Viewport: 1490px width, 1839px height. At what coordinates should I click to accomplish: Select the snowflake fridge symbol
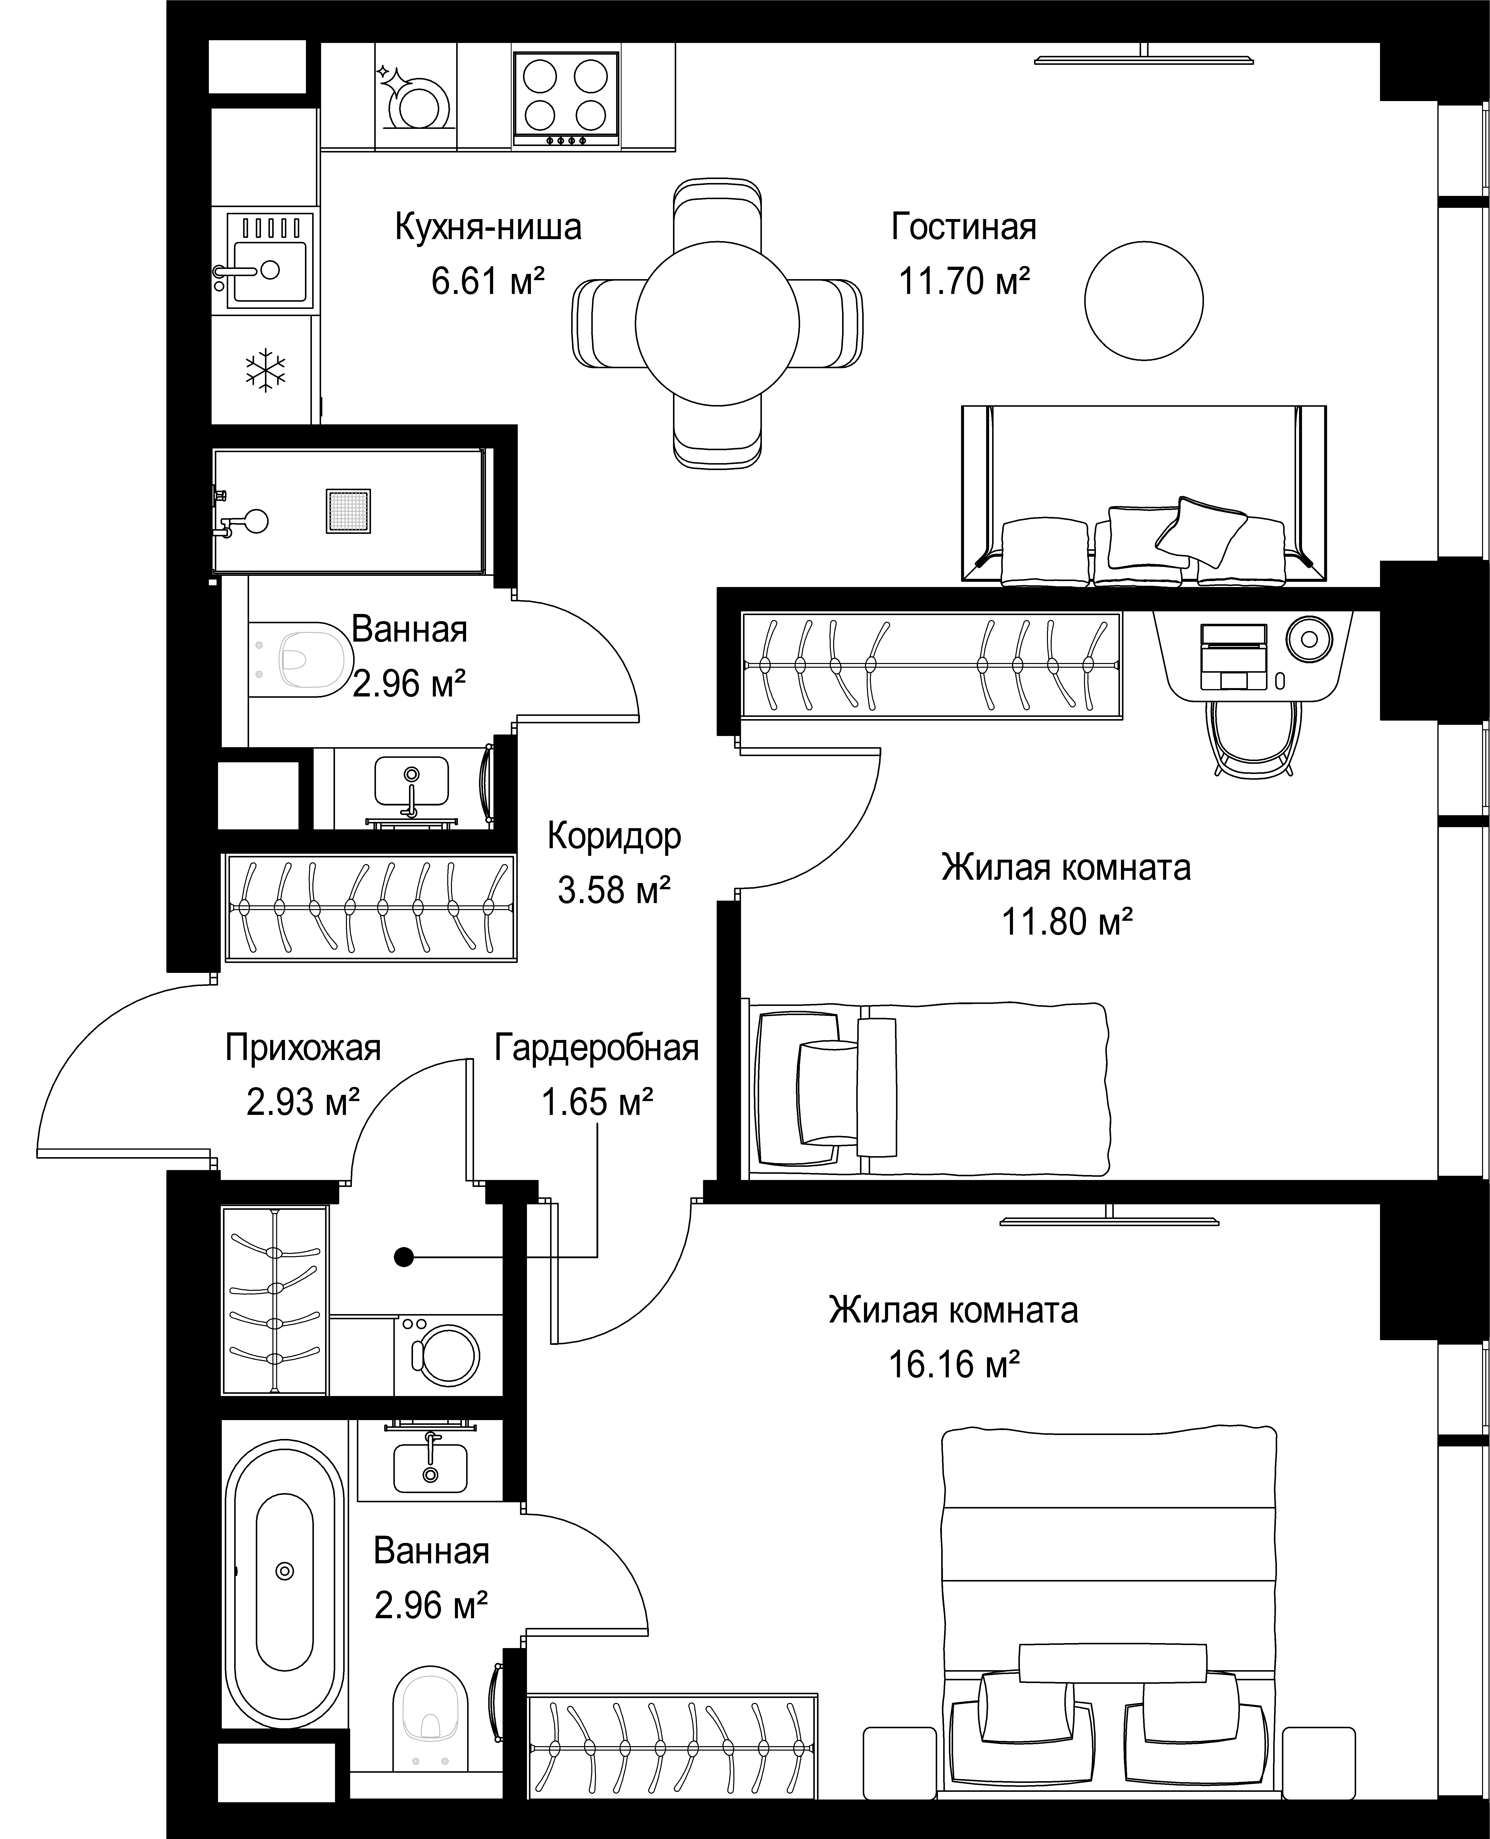coord(266,371)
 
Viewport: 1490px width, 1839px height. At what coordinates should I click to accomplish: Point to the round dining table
coord(717,324)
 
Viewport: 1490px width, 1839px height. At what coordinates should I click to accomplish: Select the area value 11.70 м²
coord(964,281)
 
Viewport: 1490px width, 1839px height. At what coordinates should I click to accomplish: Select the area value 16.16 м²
coord(954,1364)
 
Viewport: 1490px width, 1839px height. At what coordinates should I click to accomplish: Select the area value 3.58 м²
coord(614,890)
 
